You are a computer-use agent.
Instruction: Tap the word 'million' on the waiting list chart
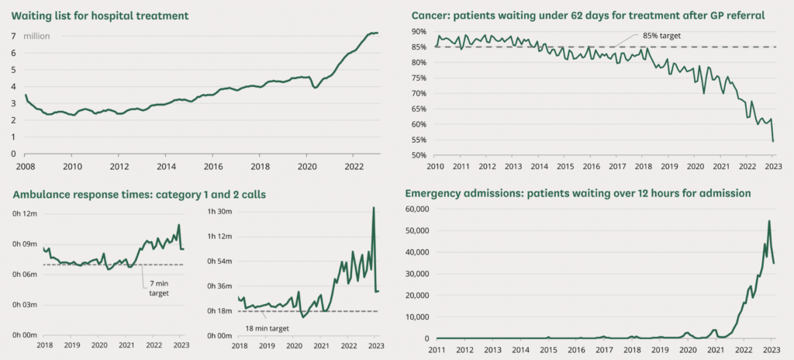point(38,36)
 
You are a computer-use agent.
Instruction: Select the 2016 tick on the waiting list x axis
point(213,166)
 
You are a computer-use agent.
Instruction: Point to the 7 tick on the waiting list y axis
point(14,36)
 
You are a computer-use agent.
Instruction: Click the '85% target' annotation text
point(661,36)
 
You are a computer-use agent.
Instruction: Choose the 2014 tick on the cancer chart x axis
point(540,166)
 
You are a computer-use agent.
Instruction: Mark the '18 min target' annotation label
point(267,328)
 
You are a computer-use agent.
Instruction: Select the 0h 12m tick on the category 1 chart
point(25,213)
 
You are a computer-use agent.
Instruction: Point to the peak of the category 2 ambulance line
point(373,207)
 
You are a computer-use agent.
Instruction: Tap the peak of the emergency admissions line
point(769,221)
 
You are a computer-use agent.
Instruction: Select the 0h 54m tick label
point(220,261)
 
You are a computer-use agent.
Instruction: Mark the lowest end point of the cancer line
point(774,140)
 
